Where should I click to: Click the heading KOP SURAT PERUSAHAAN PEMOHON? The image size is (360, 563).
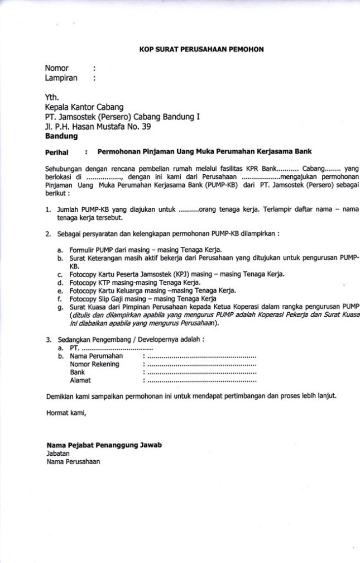[201, 50]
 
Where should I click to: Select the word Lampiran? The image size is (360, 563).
[61, 78]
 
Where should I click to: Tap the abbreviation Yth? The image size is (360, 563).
[51, 96]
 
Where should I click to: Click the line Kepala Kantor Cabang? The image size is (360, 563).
[84, 107]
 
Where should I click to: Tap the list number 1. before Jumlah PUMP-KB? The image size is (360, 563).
[49, 210]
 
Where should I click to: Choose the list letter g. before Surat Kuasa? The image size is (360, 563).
[60, 306]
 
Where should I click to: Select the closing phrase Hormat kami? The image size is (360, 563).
[66, 414]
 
